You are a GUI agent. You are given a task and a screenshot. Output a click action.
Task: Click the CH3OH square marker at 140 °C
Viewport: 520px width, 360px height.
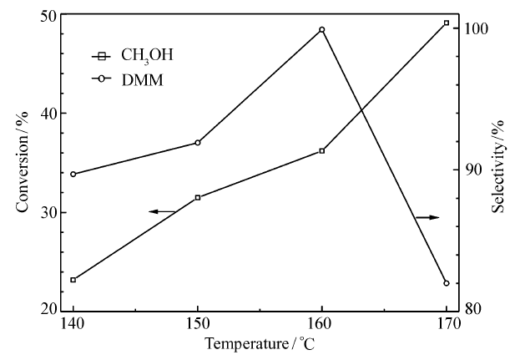coord(73,280)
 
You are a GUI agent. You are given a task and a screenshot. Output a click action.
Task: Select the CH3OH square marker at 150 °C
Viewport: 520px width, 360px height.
coord(198,197)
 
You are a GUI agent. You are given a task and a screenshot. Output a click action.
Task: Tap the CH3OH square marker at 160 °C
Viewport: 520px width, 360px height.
coord(322,151)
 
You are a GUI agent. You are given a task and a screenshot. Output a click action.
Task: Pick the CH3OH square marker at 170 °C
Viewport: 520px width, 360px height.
coord(447,23)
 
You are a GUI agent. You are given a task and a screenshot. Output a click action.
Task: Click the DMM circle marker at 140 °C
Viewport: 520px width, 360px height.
coord(73,174)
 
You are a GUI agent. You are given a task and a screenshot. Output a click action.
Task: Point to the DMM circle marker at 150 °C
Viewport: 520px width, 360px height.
coord(198,143)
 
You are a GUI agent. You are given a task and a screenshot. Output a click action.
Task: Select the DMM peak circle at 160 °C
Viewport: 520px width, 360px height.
coord(322,30)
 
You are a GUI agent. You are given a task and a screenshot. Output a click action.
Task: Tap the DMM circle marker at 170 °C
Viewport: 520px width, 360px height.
coord(447,283)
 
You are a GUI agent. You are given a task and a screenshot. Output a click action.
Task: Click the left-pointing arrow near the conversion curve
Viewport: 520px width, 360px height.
coord(162,211)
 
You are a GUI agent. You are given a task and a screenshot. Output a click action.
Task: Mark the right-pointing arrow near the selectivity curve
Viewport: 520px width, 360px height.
coord(427,217)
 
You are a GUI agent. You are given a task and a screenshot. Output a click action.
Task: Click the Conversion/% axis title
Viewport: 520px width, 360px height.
coord(22,167)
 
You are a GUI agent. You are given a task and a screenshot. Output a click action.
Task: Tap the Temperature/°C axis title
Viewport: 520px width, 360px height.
coord(260,343)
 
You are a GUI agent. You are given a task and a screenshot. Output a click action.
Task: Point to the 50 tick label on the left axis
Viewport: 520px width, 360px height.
coord(48,17)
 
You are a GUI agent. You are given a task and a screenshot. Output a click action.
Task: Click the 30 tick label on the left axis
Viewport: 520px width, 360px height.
coord(48,212)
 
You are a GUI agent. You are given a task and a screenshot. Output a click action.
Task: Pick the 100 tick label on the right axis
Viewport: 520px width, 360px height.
coord(475,29)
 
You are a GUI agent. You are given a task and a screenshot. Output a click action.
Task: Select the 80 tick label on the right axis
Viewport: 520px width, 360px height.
coord(472,309)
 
